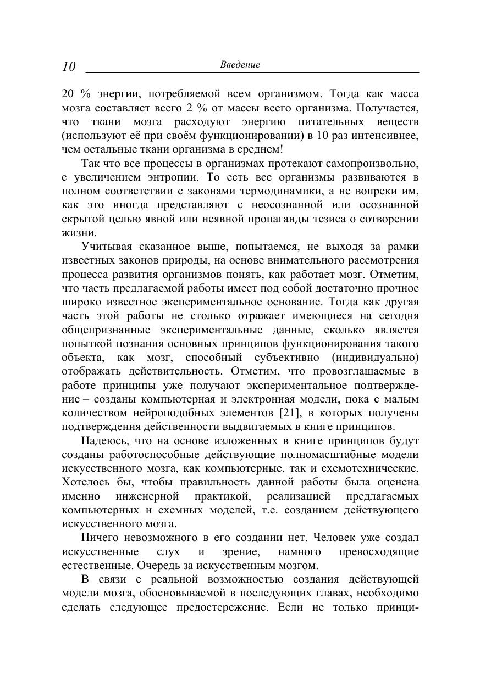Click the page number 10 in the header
[68, 66]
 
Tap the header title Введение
[240, 64]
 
